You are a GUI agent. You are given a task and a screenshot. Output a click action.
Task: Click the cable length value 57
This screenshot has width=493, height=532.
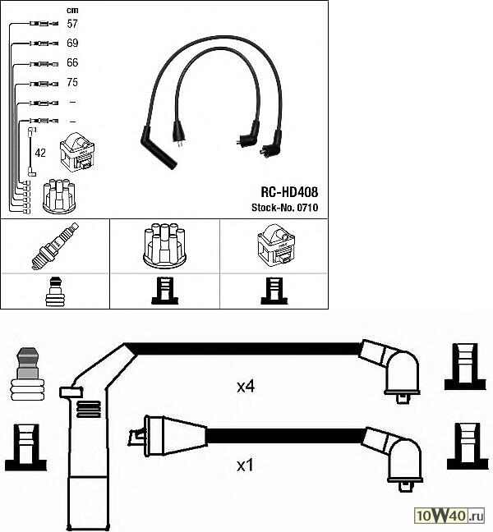pyautogui.click(x=71, y=24)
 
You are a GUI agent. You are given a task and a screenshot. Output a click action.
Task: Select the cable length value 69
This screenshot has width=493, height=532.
pyautogui.click(x=71, y=43)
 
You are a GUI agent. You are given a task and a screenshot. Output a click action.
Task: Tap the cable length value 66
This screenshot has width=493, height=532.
pyautogui.click(x=71, y=62)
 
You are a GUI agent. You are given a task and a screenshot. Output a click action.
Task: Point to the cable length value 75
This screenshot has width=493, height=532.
pyautogui.click(x=71, y=82)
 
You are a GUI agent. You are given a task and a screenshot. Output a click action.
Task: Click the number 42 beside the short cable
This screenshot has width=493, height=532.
pyautogui.click(x=40, y=153)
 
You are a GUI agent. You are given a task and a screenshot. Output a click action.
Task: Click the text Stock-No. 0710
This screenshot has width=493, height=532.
pyautogui.click(x=283, y=207)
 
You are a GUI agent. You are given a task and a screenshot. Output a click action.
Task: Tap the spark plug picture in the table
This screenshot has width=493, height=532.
pyautogui.click(x=54, y=245)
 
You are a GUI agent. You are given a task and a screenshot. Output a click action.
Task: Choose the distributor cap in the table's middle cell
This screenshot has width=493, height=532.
pyautogui.click(x=164, y=245)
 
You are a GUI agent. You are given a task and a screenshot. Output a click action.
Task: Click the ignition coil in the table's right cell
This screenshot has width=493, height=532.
pyautogui.click(x=274, y=245)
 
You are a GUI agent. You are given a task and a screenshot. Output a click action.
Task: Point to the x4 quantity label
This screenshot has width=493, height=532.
pyautogui.click(x=246, y=386)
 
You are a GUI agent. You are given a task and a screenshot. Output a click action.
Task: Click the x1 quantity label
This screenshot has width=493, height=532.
pyautogui.click(x=245, y=465)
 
